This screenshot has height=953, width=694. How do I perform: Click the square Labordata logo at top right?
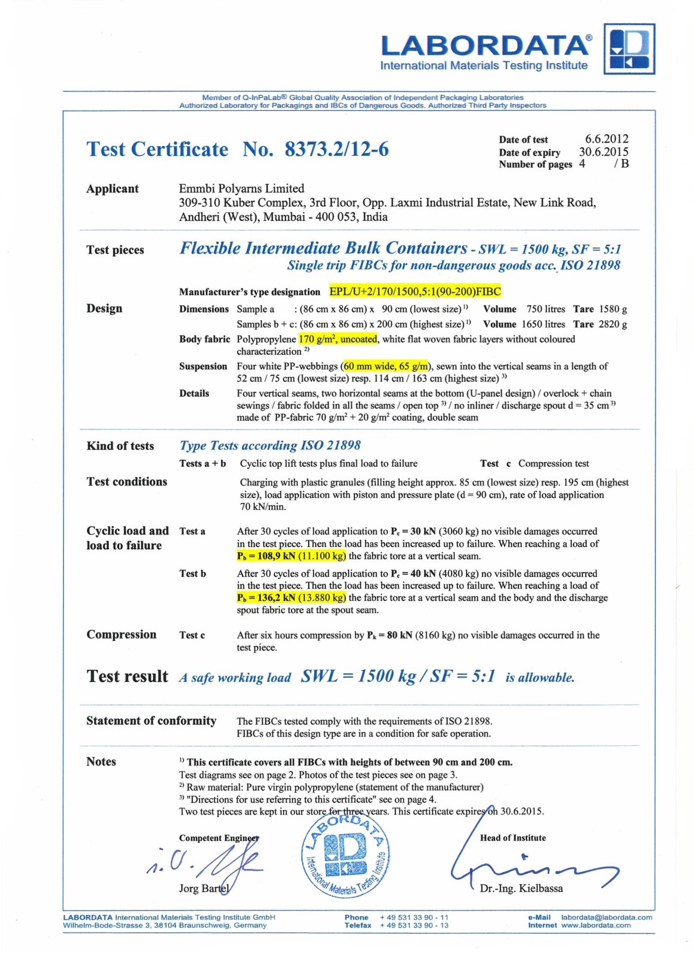click(629, 49)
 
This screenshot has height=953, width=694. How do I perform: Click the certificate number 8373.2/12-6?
click(336, 149)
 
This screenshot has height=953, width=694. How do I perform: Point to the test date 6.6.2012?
click(606, 139)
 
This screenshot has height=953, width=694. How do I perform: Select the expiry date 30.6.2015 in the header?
click(603, 152)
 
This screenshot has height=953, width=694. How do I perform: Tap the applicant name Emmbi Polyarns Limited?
click(241, 188)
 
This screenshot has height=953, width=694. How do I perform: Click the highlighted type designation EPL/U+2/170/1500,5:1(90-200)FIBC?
click(415, 291)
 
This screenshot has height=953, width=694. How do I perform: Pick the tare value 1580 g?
click(612, 309)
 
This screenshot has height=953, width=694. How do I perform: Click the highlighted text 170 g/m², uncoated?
click(338, 339)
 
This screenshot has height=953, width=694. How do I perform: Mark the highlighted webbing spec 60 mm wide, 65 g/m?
click(385, 366)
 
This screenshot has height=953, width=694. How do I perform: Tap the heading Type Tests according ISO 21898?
click(270, 446)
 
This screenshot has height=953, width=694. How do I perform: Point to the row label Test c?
click(192, 636)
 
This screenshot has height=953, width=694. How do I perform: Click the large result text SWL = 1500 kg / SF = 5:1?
click(397, 676)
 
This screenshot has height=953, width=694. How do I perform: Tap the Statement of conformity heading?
click(151, 721)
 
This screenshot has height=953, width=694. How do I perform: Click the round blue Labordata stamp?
click(346, 854)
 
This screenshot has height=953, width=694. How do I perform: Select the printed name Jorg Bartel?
click(203, 888)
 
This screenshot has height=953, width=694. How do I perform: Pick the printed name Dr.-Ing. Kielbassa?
click(521, 888)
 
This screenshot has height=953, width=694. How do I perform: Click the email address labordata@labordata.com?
click(606, 917)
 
